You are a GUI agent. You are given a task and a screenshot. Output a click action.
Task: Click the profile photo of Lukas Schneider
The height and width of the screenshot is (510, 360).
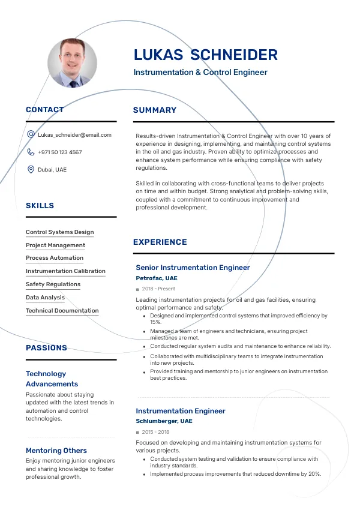pyautogui.click(x=72, y=63)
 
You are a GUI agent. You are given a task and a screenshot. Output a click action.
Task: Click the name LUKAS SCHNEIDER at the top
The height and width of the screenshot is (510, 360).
pyautogui.click(x=205, y=55)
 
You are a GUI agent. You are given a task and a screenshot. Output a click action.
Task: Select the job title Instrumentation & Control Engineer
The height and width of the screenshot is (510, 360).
pyautogui.click(x=200, y=73)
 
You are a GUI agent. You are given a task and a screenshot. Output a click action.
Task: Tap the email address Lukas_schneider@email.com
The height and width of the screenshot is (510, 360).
pyautogui.click(x=74, y=135)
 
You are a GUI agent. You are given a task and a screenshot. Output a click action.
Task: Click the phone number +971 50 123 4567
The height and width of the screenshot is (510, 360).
pyautogui.click(x=60, y=152)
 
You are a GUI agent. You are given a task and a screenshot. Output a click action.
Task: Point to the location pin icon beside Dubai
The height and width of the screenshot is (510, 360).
pyautogui.click(x=31, y=170)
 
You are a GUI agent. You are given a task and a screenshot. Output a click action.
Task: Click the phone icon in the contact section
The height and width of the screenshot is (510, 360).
pyautogui.click(x=31, y=152)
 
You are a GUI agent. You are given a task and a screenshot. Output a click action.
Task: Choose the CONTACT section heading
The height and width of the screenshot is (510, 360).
pyautogui.click(x=44, y=110)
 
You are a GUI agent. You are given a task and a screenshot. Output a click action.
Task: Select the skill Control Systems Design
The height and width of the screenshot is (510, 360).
pyautogui.click(x=59, y=232)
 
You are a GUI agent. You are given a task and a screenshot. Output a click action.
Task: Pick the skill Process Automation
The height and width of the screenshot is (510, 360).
pyautogui.click(x=55, y=258)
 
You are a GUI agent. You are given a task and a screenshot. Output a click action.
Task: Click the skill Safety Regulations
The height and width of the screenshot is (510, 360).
pyautogui.click(x=53, y=284)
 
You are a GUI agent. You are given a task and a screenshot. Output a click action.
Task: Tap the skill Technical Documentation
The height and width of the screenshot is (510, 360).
pyautogui.click(x=62, y=311)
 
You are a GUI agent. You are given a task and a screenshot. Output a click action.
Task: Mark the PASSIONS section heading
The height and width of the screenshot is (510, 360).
pyautogui.click(x=46, y=348)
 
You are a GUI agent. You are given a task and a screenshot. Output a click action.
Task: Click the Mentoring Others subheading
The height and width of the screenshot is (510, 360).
pyautogui.click(x=56, y=451)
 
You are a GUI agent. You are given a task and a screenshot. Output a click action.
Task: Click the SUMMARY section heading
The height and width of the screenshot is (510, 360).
pyautogui.click(x=155, y=110)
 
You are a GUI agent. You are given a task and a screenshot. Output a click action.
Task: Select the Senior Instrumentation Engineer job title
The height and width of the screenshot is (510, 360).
pyautogui.click(x=193, y=268)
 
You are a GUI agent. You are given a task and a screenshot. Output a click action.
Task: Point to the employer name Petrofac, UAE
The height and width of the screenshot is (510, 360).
pyautogui.click(x=157, y=278)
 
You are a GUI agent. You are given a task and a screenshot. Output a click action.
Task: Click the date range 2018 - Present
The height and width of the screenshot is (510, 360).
pyautogui.click(x=158, y=289)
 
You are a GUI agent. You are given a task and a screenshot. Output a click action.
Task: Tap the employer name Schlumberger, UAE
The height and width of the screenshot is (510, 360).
pyautogui.click(x=164, y=422)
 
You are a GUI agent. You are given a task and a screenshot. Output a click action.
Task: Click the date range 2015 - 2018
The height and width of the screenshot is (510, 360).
pyautogui.click(x=155, y=432)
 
